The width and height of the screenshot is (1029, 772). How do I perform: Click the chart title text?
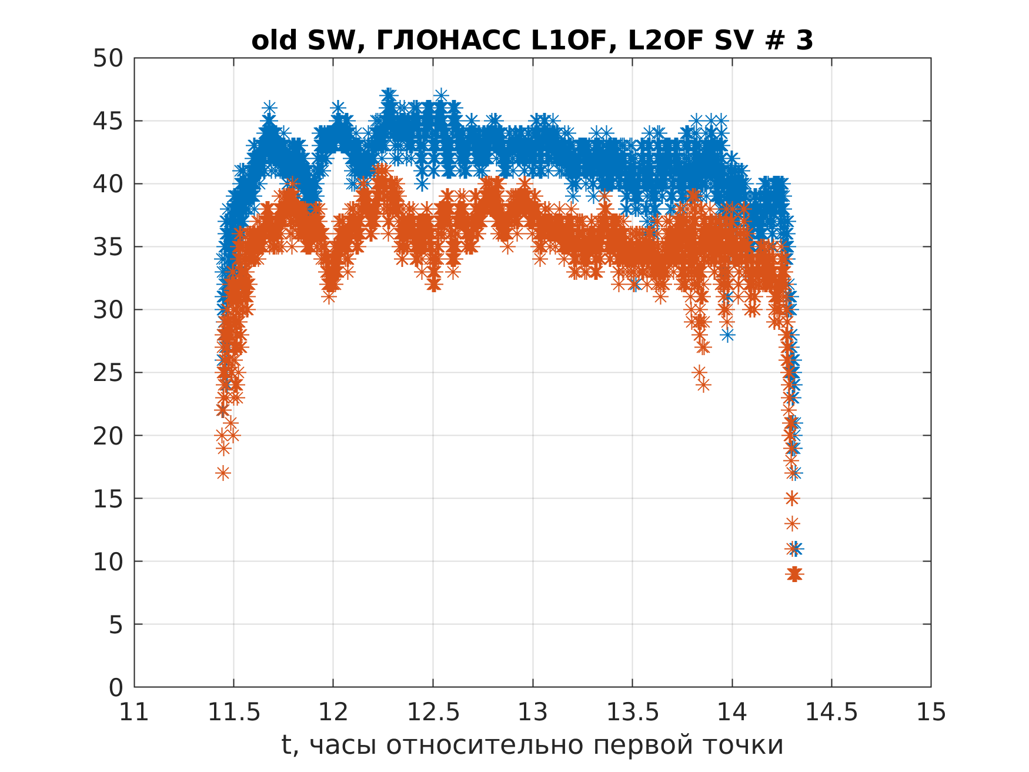tap(532, 41)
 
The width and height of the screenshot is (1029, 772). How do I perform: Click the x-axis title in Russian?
tap(532, 745)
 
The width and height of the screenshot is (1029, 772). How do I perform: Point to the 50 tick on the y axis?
tap(108, 58)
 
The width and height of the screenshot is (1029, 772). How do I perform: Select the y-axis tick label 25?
tap(108, 373)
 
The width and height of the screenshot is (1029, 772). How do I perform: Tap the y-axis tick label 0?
tap(116, 687)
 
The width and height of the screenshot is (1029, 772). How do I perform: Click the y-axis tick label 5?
tap(116, 624)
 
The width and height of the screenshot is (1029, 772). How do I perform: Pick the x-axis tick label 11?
tap(134, 713)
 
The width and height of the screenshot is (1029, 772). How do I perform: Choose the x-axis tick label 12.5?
tap(433, 713)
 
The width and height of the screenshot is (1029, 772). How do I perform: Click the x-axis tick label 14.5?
tap(831, 713)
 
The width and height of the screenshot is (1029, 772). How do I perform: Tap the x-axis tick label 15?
tap(931, 713)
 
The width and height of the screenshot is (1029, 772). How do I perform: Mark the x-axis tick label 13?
tap(533, 713)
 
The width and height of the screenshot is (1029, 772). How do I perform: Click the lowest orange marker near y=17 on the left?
tap(223, 473)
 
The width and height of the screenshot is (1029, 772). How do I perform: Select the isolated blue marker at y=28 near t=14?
tap(728, 335)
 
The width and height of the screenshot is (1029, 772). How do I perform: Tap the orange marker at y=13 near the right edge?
tap(792, 523)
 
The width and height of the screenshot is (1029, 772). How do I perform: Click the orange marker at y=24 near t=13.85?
tap(704, 386)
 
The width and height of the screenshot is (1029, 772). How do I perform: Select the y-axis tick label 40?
tap(108, 184)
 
